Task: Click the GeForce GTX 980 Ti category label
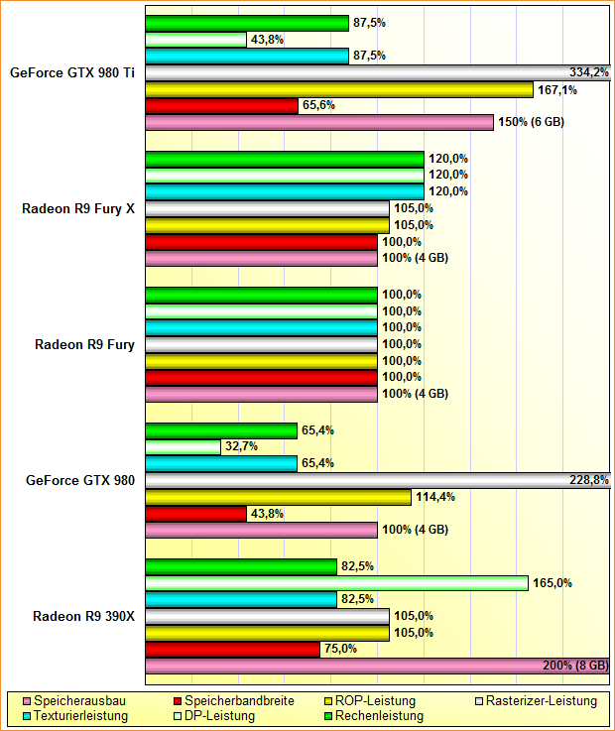(73, 72)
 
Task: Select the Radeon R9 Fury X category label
(78, 208)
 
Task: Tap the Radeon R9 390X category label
(83, 616)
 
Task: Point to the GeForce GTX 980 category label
(80, 480)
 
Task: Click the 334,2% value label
(589, 72)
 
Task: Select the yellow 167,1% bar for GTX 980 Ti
(339, 89)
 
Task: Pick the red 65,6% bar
(221, 106)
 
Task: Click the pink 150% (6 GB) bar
(319, 122)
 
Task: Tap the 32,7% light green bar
(183, 446)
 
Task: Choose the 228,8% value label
(589, 480)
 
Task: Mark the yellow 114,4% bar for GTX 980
(278, 497)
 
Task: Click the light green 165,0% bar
(336, 583)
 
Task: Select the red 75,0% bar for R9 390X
(232, 649)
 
